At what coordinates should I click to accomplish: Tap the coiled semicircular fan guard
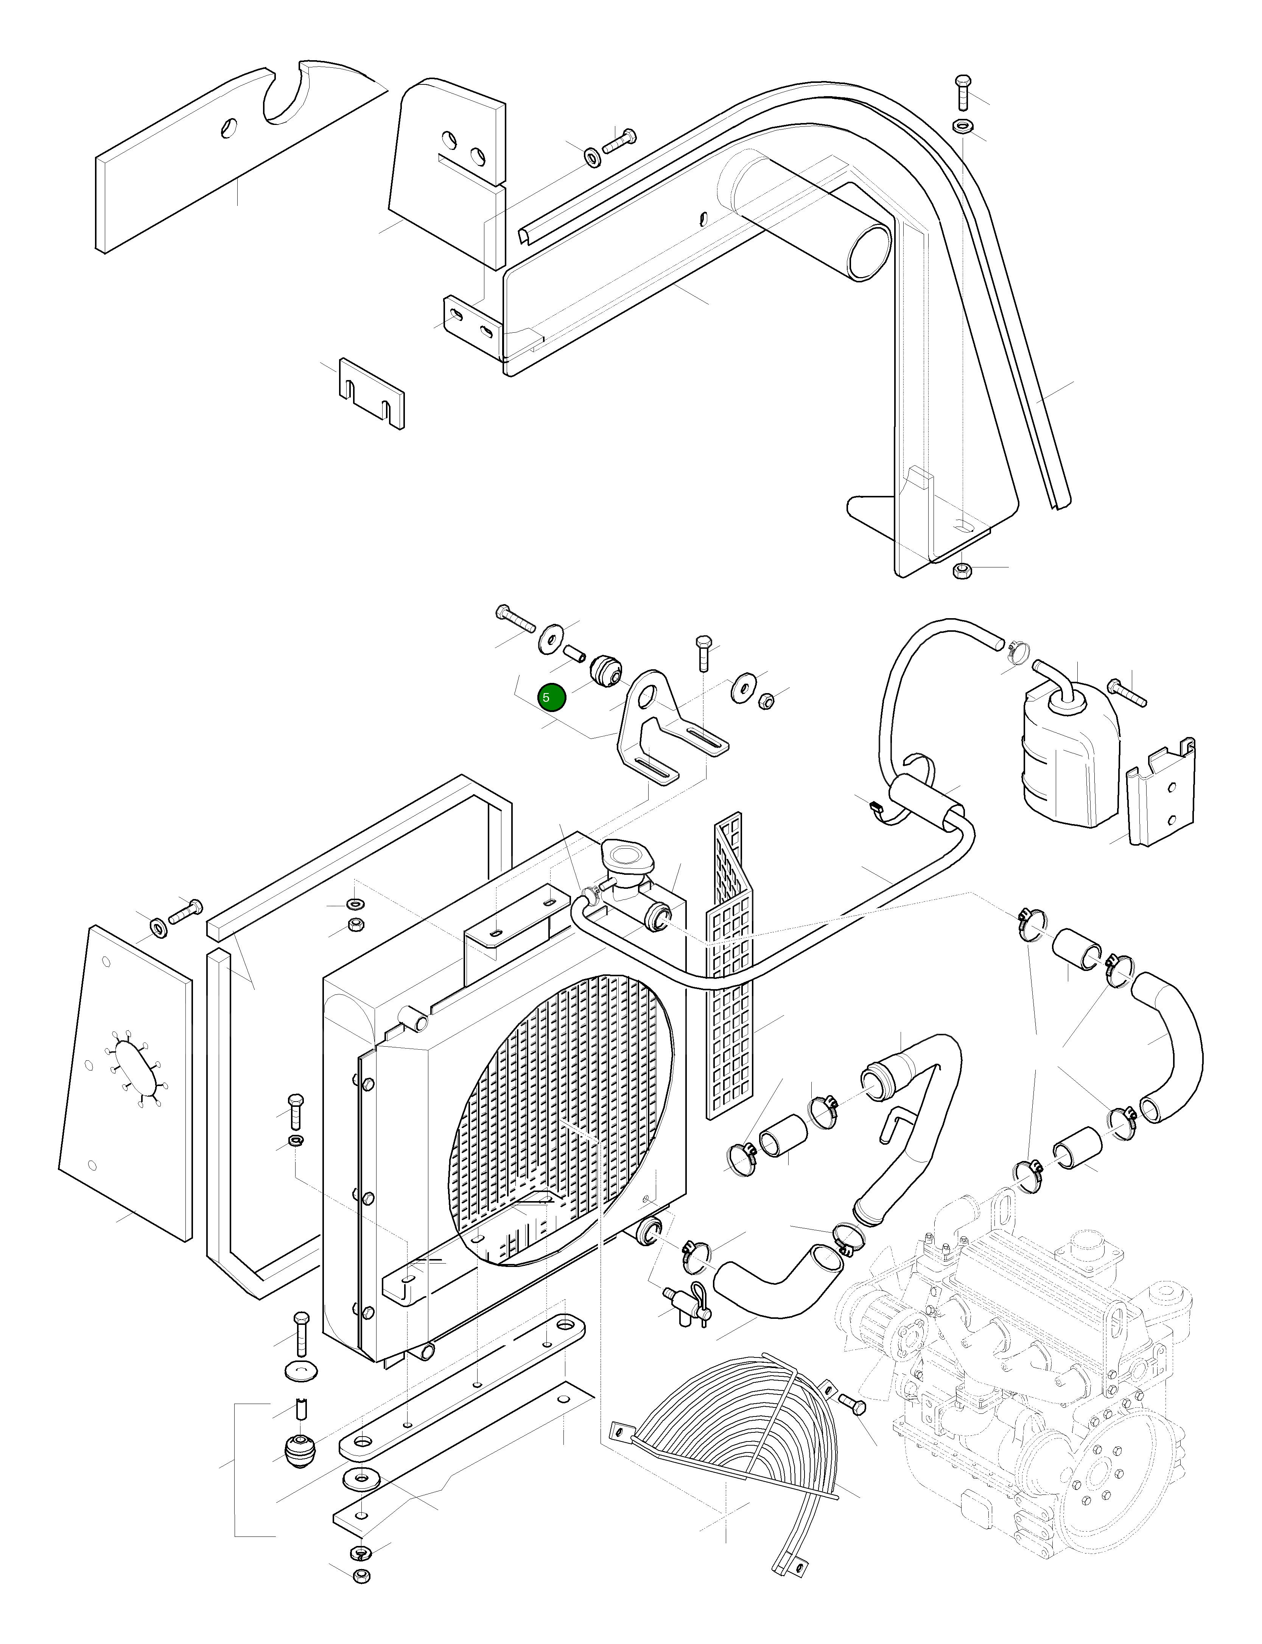[736, 1473]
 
